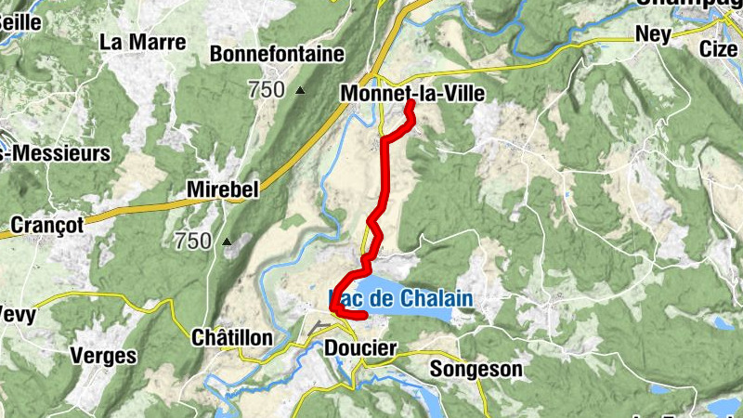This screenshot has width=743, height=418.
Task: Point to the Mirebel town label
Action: coord(222,189)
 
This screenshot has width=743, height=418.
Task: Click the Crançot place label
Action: coord(47,224)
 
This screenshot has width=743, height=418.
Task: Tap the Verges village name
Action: coord(103,356)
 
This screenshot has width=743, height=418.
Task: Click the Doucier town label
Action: coord(360,348)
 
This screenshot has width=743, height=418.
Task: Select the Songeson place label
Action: coord(476,369)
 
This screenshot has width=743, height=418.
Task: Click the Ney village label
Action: coord(652,33)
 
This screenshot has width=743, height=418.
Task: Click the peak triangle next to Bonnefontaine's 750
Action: coord(299,91)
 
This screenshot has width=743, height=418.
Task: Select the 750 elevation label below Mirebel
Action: coord(193,242)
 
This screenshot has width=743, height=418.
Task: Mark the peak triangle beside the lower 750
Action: coord(227,242)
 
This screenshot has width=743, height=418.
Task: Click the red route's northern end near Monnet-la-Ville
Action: coord(409,104)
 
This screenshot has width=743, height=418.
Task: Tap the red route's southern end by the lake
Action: coord(365,317)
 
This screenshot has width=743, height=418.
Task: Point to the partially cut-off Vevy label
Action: coord(19,315)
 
